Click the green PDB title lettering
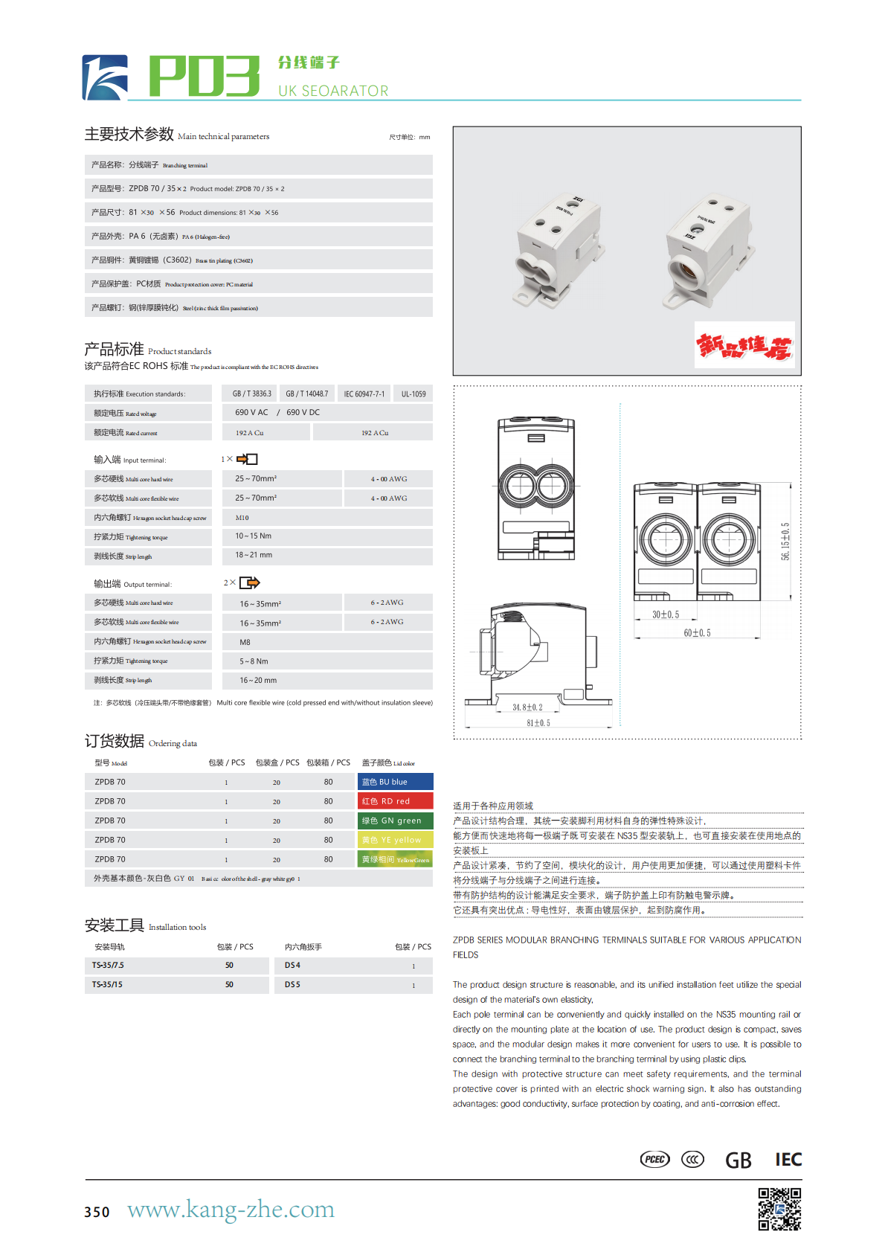(x=204, y=76)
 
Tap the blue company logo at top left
(x=105, y=77)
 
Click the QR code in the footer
(x=779, y=1209)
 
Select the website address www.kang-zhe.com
(x=231, y=1210)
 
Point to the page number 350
(x=97, y=1212)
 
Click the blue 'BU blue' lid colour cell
(x=395, y=782)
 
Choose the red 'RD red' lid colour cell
(x=395, y=801)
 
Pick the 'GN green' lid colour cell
(x=395, y=821)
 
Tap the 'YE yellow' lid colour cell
(x=395, y=840)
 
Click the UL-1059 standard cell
(x=413, y=394)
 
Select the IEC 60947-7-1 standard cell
(x=364, y=394)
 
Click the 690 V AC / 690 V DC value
(x=277, y=412)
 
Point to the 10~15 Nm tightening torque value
(x=254, y=536)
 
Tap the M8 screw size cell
(x=245, y=642)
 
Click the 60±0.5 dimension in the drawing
(x=697, y=633)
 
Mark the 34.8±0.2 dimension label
(x=527, y=707)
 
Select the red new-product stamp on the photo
(x=744, y=345)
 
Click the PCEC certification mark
(x=655, y=1159)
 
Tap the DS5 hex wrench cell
(x=292, y=984)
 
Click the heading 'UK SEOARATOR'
(x=333, y=91)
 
